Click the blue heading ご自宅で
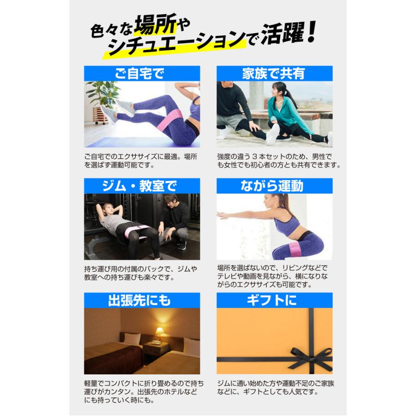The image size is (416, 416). coord(142,73)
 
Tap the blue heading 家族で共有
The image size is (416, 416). coord(274,73)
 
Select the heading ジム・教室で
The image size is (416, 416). coord(142,186)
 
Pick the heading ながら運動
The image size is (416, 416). coord(274,186)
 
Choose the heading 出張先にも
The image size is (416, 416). coord(142,300)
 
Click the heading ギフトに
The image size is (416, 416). coord(274,300)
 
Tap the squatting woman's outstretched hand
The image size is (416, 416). coord(223,215)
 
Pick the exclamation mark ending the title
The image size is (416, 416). coord(310,33)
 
